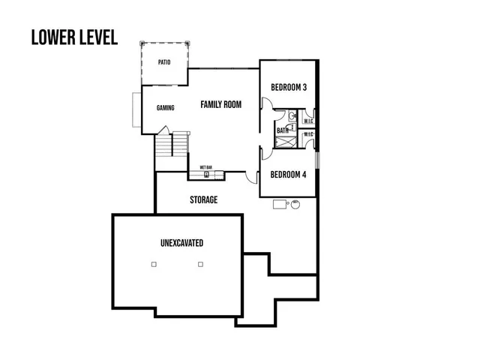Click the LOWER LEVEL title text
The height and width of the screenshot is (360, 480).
[x=74, y=37]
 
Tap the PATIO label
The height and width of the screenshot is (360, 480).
[x=164, y=62]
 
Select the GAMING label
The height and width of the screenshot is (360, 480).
[x=166, y=108]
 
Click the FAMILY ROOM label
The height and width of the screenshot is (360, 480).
[x=220, y=105]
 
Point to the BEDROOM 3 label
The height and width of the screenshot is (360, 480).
[x=289, y=88]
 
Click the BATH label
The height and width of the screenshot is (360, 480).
[x=283, y=130]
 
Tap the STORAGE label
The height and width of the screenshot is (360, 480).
[x=203, y=200]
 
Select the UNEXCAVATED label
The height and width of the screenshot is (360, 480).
[x=181, y=244]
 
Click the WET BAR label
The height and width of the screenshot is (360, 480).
[x=205, y=167]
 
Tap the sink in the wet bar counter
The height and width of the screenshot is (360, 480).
[x=206, y=175]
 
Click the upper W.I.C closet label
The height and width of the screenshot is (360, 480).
[x=308, y=121]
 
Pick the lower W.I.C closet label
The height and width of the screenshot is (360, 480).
[x=308, y=135]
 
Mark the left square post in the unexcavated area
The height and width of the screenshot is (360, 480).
[x=153, y=264]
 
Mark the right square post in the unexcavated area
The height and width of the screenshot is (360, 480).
[x=200, y=264]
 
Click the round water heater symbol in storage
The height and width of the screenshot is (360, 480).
[x=295, y=202]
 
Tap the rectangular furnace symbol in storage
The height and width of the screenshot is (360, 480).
[x=280, y=202]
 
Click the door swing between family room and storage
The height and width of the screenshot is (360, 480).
[x=247, y=177]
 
